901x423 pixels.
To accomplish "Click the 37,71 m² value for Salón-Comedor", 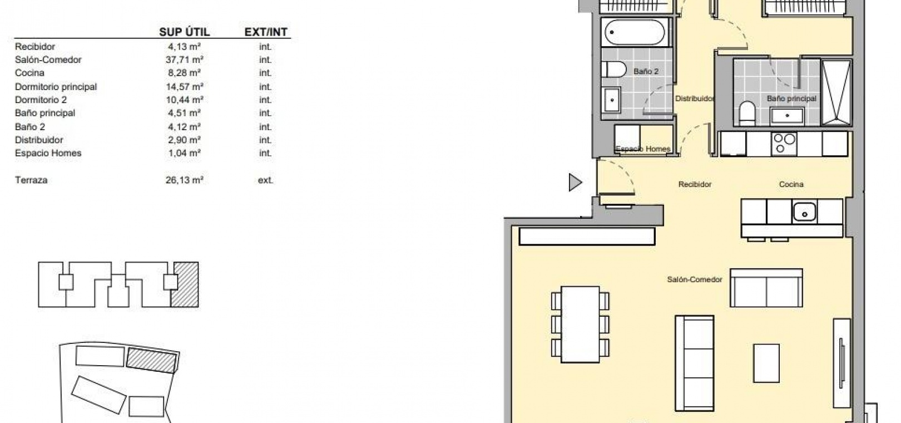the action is (x=184, y=60).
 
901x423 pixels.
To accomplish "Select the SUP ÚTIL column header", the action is (x=185, y=32).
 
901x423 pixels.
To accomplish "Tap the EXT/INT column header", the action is (x=266, y=32).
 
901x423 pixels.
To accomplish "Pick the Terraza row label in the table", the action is (x=31, y=180).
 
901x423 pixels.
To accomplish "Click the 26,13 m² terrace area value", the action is (x=184, y=180).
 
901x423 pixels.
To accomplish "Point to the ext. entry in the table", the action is (x=265, y=180).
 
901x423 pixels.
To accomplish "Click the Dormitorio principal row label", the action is (x=56, y=87).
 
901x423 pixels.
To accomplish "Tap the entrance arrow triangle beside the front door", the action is (x=575, y=183).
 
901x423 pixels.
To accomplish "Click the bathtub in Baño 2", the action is (x=635, y=32).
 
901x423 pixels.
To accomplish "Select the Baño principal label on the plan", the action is (x=791, y=99).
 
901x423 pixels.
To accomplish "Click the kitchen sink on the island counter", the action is (x=804, y=211).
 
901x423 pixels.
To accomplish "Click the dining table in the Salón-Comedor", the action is (x=580, y=324).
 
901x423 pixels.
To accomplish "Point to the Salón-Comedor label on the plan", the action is (x=694, y=279).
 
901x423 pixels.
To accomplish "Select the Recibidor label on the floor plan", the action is (x=695, y=184).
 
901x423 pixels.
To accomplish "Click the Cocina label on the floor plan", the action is (x=791, y=184).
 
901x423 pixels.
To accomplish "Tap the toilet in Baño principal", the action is (x=747, y=113).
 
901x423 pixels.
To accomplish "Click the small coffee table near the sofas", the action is (x=766, y=363).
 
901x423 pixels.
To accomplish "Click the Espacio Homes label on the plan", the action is (x=643, y=149).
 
